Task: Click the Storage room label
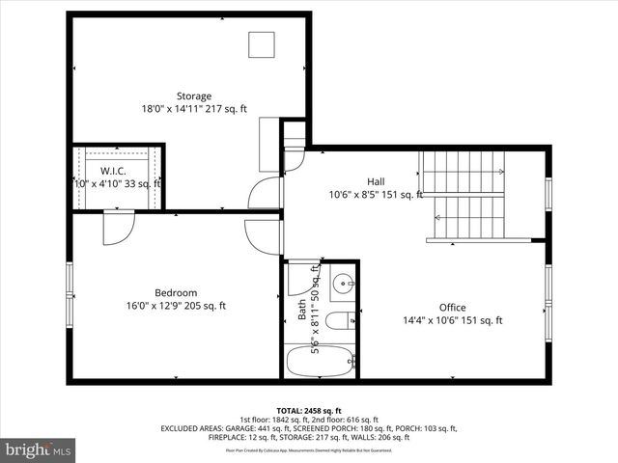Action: point(193,95)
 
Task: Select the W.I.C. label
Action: point(114,171)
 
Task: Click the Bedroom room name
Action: point(176,293)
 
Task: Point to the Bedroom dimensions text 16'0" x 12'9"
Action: point(154,307)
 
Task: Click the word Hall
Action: point(376,181)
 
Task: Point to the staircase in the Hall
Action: point(464,197)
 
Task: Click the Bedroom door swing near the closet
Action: point(118,229)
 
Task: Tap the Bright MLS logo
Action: point(39,449)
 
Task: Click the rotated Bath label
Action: point(301,312)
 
